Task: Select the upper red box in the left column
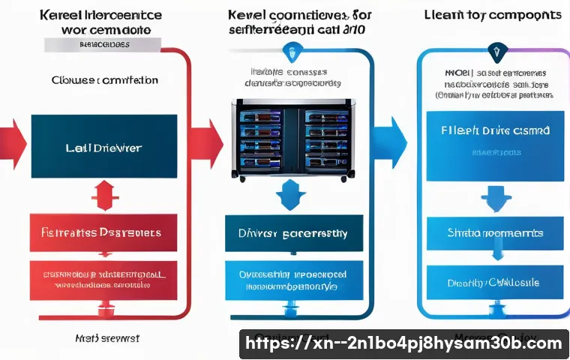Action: point(103,232)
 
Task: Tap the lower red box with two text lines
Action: point(103,280)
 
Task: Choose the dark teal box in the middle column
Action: point(293,233)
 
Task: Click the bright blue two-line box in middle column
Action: point(293,280)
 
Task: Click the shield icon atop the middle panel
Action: point(289,52)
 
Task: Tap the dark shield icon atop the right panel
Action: point(494,52)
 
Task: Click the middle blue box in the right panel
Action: point(494,233)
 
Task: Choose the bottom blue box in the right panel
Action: point(494,283)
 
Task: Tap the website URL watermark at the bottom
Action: point(403,343)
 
